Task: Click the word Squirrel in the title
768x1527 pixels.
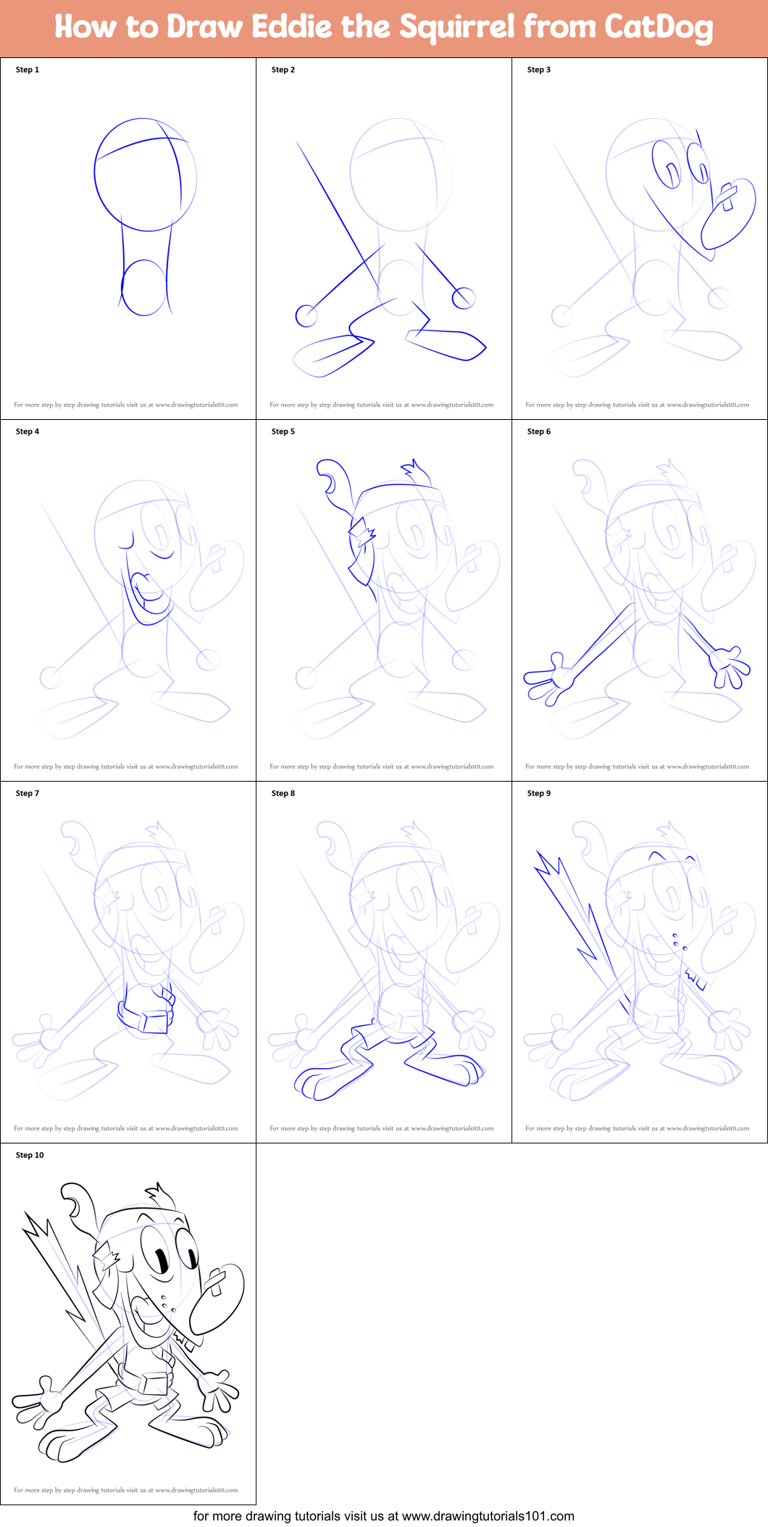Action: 458,28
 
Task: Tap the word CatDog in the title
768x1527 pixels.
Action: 659,28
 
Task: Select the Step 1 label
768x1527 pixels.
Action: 28,70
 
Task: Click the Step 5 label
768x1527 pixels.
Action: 283,431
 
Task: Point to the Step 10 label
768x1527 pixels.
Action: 30,1155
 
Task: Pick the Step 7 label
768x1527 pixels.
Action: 28,793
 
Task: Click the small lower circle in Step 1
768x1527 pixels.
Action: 144,288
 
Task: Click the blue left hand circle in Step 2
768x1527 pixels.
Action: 306,316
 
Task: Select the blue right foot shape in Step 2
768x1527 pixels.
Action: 448,344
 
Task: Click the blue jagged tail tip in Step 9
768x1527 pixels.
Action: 548,866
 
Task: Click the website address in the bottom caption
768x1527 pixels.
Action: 488,1516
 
